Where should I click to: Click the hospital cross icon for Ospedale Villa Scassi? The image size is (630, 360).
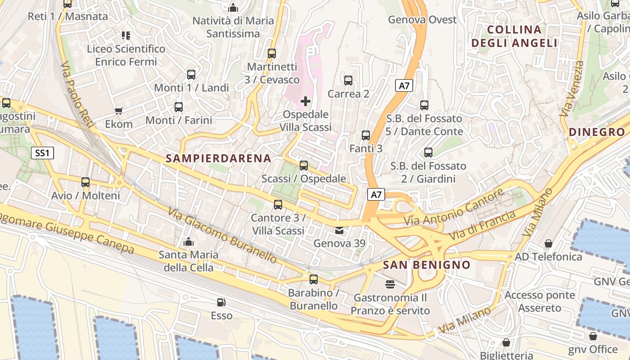click(x=306, y=101)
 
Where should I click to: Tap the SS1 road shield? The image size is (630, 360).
click(x=42, y=153)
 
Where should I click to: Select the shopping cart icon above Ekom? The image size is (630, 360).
click(x=119, y=111)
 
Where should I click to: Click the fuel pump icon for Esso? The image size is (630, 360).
click(x=221, y=302)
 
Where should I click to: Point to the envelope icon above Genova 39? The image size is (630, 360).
click(x=339, y=231)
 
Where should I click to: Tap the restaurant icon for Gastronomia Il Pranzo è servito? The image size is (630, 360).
click(x=390, y=284)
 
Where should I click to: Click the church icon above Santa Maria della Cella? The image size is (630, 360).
click(x=189, y=242)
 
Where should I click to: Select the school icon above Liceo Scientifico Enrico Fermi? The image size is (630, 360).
click(x=126, y=35)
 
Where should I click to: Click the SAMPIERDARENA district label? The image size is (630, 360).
click(x=218, y=158)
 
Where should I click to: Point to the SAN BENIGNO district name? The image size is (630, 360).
click(x=426, y=265)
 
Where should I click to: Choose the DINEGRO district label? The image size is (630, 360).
click(x=597, y=132)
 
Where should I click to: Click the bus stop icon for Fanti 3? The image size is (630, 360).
click(x=366, y=135)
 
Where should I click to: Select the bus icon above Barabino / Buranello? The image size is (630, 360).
click(x=314, y=279)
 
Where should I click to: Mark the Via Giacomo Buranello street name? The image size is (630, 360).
click(x=223, y=235)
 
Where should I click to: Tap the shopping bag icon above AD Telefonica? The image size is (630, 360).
click(x=548, y=243)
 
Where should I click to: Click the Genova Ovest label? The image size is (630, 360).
click(x=422, y=20)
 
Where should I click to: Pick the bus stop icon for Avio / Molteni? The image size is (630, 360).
click(x=85, y=182)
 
